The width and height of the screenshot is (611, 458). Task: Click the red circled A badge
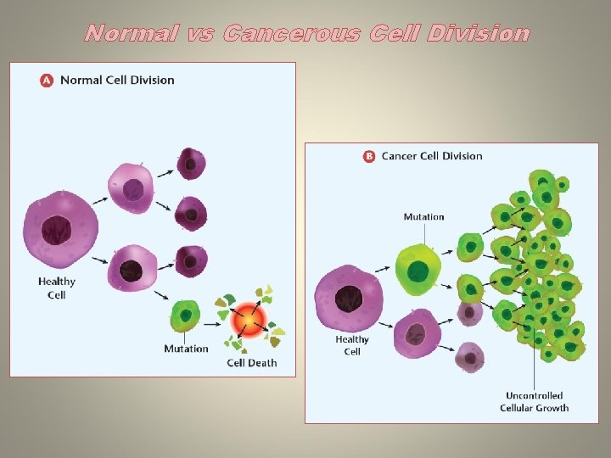(x=46, y=81)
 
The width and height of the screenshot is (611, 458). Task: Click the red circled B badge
(x=369, y=156)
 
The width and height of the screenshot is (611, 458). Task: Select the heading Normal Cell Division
(x=116, y=81)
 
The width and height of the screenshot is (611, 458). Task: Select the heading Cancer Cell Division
(x=432, y=156)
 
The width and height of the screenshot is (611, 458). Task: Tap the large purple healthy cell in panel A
(x=59, y=228)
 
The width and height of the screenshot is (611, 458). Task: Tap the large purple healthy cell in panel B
(x=348, y=298)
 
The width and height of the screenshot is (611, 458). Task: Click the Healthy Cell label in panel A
(x=57, y=288)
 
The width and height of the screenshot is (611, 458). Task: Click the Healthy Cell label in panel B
(x=352, y=345)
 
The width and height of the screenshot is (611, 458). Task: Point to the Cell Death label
(x=251, y=363)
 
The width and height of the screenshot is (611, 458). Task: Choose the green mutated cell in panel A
(x=184, y=316)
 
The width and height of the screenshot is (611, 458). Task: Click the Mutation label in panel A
(x=186, y=349)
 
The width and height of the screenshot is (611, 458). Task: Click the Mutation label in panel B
(x=423, y=217)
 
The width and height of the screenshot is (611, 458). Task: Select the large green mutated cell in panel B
(x=418, y=270)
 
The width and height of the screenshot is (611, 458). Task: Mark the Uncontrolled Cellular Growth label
(x=534, y=402)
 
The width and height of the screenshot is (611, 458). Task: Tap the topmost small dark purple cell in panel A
(x=190, y=163)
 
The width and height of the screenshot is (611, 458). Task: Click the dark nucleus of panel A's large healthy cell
(x=57, y=230)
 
